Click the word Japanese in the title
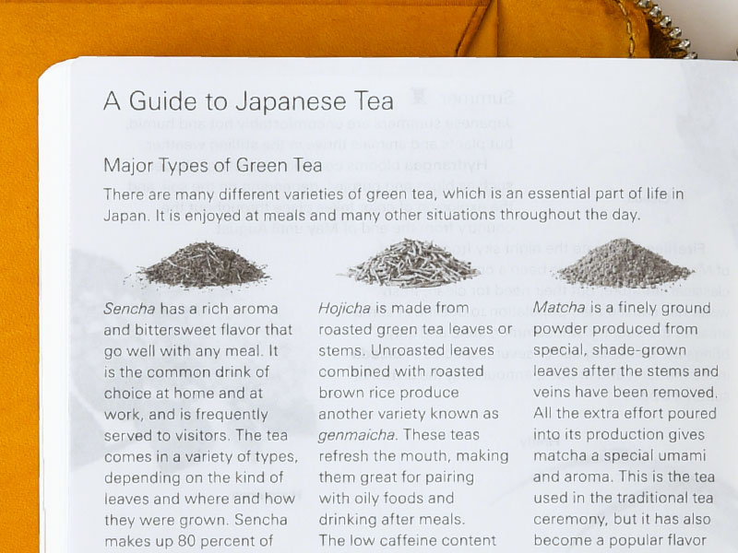(x=291, y=101)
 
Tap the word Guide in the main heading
(x=162, y=100)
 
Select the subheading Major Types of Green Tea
(x=213, y=166)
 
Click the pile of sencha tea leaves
(x=204, y=265)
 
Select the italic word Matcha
(x=559, y=308)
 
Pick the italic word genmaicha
(x=356, y=435)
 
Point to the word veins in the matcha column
(x=552, y=393)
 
